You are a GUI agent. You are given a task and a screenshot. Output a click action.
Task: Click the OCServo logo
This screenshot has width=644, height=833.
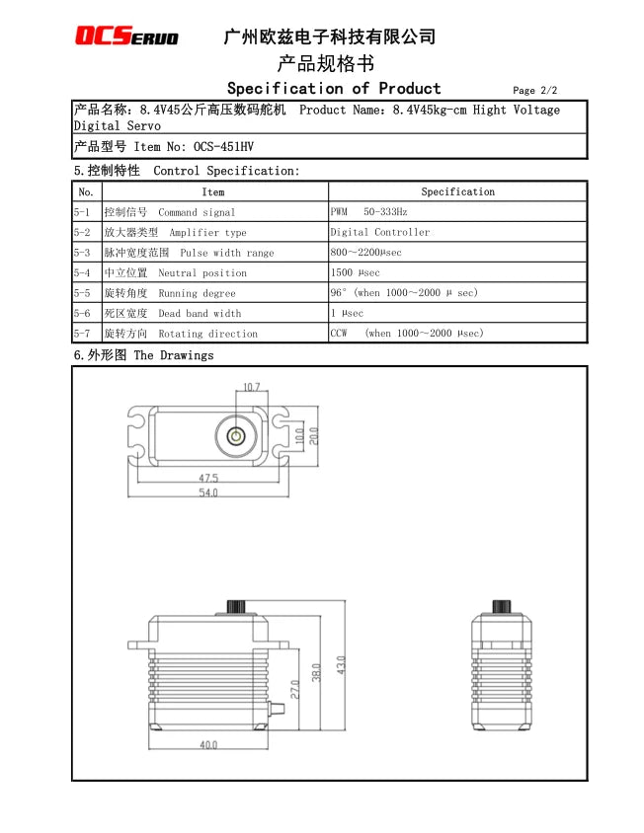click(127, 37)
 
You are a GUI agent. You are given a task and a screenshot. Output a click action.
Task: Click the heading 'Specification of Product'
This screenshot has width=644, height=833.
click(334, 89)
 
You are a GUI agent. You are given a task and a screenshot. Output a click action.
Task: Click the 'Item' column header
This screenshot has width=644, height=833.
click(212, 191)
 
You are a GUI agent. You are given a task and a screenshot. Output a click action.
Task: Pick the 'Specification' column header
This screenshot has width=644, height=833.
click(457, 191)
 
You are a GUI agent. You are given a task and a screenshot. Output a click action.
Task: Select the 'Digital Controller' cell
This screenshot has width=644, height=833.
click(380, 232)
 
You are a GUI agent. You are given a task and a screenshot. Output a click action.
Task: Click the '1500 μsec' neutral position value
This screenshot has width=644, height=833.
click(356, 273)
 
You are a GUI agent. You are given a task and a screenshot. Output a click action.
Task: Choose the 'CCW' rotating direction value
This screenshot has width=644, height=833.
click(340, 334)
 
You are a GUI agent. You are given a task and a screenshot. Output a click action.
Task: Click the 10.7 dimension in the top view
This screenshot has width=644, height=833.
click(251, 387)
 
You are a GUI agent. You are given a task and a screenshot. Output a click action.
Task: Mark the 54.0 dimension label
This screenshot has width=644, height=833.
click(207, 492)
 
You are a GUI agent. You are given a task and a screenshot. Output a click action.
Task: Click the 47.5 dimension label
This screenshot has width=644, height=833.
click(207, 478)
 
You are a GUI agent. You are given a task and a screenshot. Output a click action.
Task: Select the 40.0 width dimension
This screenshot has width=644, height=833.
click(207, 745)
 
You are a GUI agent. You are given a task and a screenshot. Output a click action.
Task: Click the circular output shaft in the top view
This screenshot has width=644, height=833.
click(236, 435)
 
